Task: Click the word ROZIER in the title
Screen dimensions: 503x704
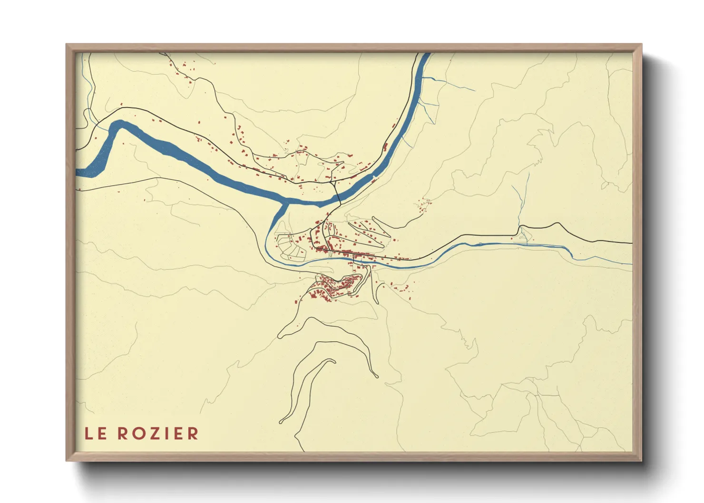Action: coord(158,434)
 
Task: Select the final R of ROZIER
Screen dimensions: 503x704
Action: coord(193,434)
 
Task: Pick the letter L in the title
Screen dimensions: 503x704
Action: coord(88,434)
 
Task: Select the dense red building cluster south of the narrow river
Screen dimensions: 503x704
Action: coord(333,288)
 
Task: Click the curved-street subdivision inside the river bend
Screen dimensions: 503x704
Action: coord(291,247)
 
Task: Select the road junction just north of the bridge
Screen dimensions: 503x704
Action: coord(333,181)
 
